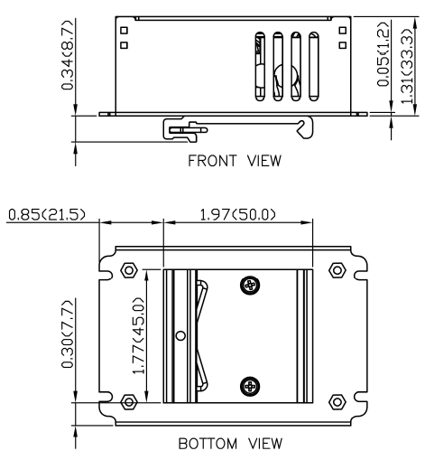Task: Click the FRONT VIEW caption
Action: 235,161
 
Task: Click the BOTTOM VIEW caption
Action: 230,444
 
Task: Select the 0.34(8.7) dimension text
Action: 67,55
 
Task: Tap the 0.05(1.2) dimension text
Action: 383,53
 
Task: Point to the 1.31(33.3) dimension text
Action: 407,66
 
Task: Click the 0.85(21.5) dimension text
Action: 47,215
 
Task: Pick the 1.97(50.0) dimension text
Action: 237,215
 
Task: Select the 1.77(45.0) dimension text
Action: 138,335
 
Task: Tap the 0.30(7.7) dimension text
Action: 67,334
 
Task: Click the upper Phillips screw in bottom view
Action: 250,285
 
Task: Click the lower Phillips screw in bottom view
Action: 250,386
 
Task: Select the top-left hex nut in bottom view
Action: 129,270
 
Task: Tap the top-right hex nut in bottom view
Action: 337,270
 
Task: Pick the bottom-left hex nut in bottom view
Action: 129,402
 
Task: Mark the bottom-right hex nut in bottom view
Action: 337,402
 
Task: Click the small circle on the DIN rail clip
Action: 180,335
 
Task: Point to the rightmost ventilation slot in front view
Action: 314,66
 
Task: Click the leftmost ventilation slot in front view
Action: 260,66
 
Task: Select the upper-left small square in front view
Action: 124,31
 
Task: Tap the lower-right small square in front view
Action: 343,45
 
